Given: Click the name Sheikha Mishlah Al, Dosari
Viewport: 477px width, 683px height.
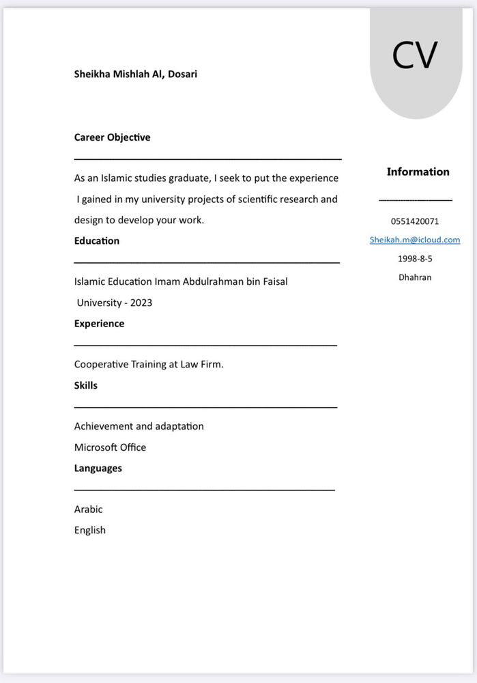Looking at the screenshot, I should coord(135,74).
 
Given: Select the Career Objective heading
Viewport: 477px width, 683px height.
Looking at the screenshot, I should coord(112,137).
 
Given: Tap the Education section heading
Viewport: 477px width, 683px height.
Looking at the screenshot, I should coord(96,240).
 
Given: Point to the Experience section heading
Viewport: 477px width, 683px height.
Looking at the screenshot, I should coord(99,323).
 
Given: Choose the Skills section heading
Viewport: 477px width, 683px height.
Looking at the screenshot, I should coord(85,385).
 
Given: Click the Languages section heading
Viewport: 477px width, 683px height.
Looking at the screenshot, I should coord(98,468).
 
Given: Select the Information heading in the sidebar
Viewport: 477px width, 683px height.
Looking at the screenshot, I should coord(418,171).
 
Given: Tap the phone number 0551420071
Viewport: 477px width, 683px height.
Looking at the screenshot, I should coord(415,221).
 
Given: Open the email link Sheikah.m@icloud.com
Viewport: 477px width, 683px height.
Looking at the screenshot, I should coord(415,240).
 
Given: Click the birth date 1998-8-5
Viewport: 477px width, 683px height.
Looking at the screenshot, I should coord(415,259).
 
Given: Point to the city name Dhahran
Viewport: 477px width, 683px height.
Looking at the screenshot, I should coord(415,277).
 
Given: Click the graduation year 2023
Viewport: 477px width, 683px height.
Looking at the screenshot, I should coord(141,303).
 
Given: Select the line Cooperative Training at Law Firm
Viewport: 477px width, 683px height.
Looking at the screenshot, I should coord(149,364).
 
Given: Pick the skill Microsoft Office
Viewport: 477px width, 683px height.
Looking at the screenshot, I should coord(110,447).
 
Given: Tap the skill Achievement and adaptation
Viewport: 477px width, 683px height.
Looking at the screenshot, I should coord(139,426).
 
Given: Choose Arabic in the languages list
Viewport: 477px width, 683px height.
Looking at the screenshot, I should coord(88,510).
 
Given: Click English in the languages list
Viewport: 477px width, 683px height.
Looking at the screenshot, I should coord(89,530).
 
